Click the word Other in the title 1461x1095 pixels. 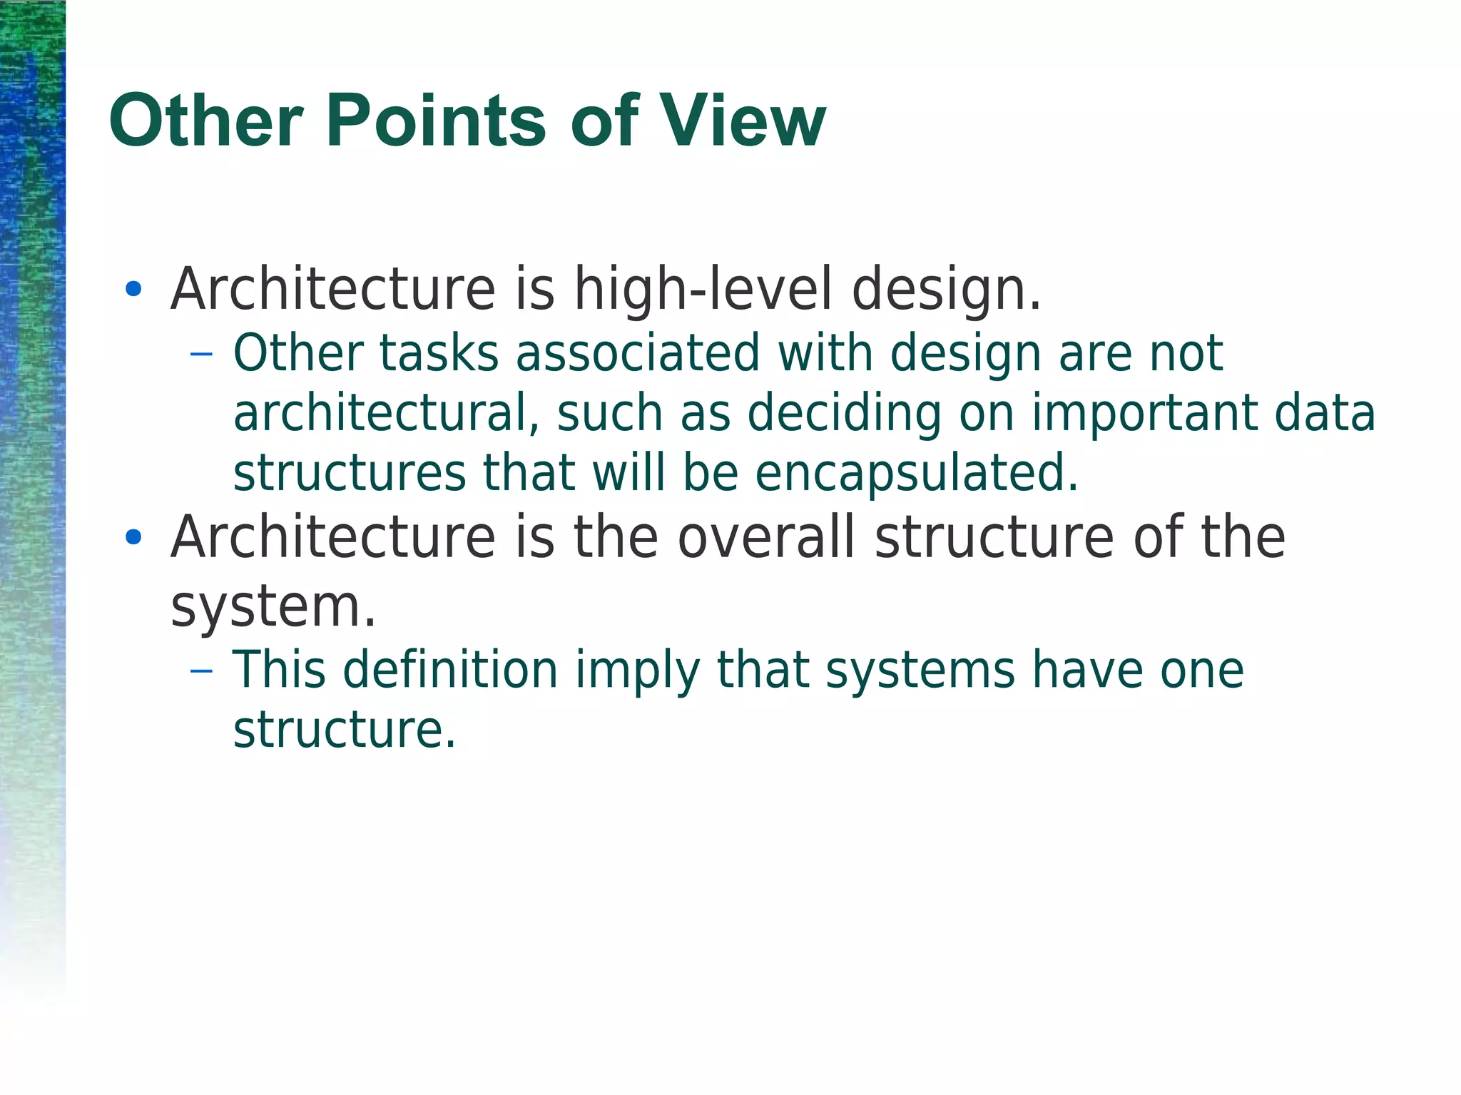pyautogui.click(x=207, y=121)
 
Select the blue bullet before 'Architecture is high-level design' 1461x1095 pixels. pyautogui.click(x=133, y=289)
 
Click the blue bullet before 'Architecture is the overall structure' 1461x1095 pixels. pyautogui.click(x=133, y=537)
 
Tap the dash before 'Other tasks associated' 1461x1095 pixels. pyautogui.click(x=202, y=354)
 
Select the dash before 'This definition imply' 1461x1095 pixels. pyautogui.click(x=202, y=671)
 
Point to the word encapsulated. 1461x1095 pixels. pyautogui.click(x=916, y=473)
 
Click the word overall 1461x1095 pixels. pyautogui.click(x=765, y=537)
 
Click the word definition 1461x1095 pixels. pyautogui.click(x=450, y=671)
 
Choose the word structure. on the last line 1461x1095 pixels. pyautogui.click(x=344, y=730)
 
